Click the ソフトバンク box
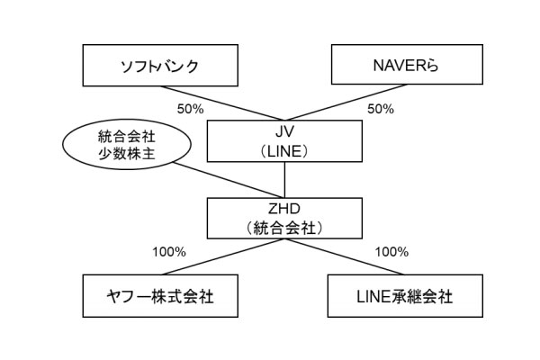pyautogui.click(x=158, y=66)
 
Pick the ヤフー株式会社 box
pyautogui.click(x=158, y=294)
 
